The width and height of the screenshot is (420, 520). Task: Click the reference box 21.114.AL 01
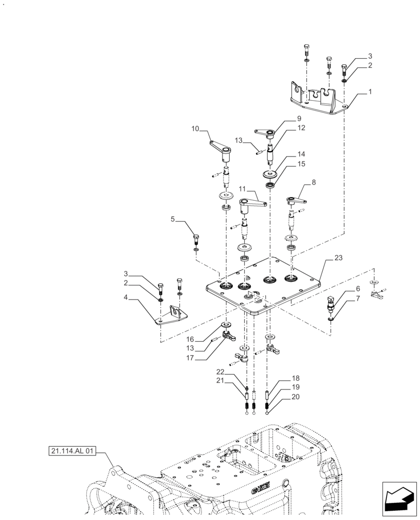73,451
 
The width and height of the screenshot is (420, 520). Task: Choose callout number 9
285,119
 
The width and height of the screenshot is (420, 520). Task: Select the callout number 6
358,288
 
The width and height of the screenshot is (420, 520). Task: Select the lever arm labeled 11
252,203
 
